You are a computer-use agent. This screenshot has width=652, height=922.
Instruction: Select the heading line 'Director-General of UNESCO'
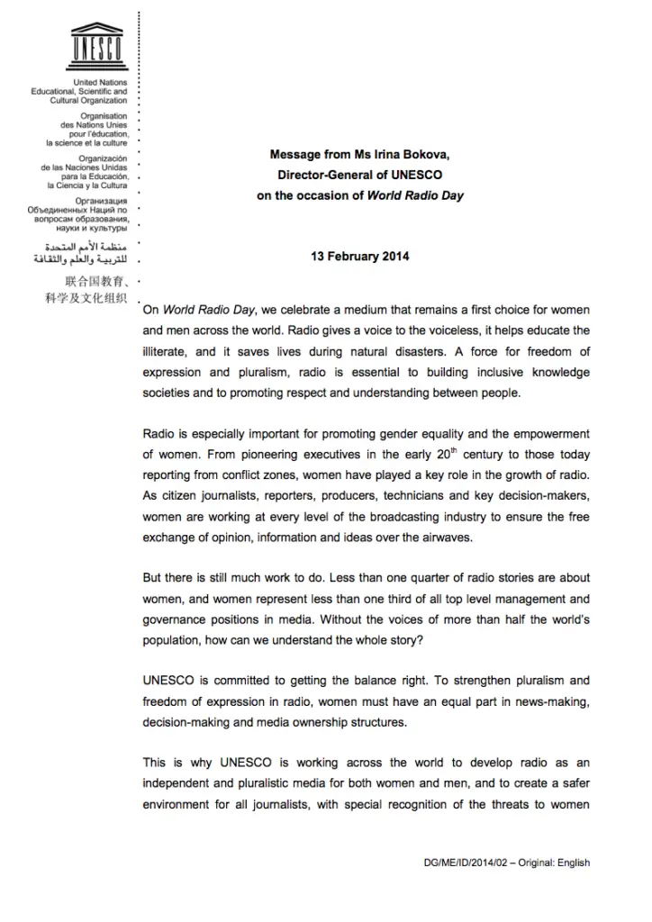click(x=359, y=174)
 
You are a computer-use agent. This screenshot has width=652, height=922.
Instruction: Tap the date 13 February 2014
click(x=359, y=257)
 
